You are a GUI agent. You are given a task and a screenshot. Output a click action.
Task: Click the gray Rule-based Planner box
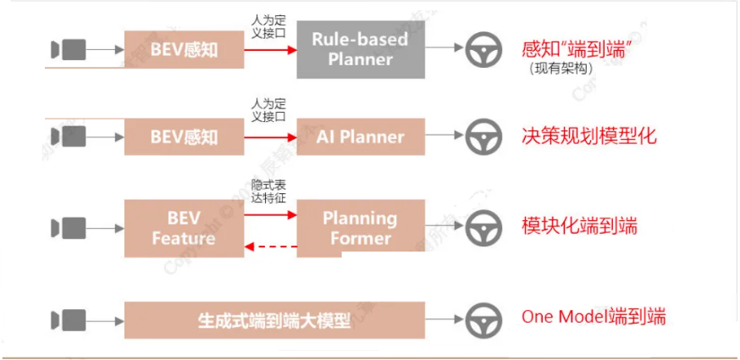(359, 50)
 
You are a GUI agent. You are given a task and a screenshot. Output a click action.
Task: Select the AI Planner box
(360, 136)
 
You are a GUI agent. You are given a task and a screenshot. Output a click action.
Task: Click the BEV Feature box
(183, 228)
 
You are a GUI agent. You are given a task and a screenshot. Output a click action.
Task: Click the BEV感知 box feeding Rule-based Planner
(183, 50)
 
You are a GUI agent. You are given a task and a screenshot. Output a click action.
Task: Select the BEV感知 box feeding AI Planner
(183, 136)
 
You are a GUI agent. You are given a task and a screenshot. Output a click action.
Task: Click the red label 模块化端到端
(580, 226)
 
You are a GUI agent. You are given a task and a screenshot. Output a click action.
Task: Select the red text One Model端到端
(594, 318)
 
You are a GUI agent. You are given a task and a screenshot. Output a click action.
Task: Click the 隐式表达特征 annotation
(269, 190)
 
